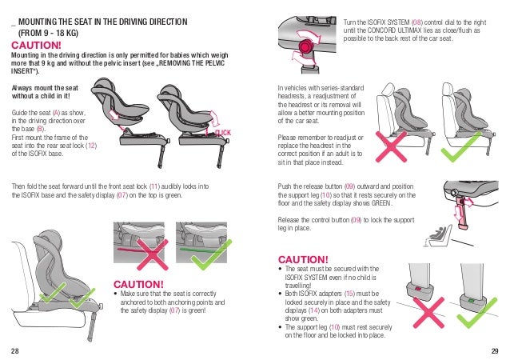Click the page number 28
pos(15,350)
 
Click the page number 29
pos(494,350)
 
